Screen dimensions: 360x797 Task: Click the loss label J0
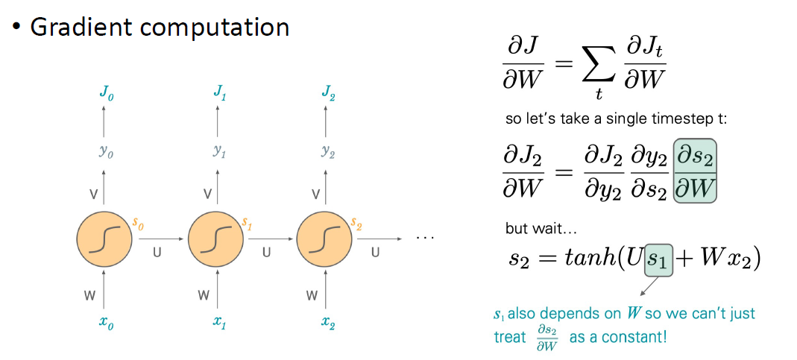pyautogui.click(x=106, y=93)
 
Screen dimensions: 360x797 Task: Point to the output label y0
pyautogui.click(x=105, y=153)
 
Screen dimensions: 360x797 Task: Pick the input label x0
pyautogui.click(x=105, y=322)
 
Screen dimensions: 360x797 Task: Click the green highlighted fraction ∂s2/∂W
pyautogui.click(x=696, y=171)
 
